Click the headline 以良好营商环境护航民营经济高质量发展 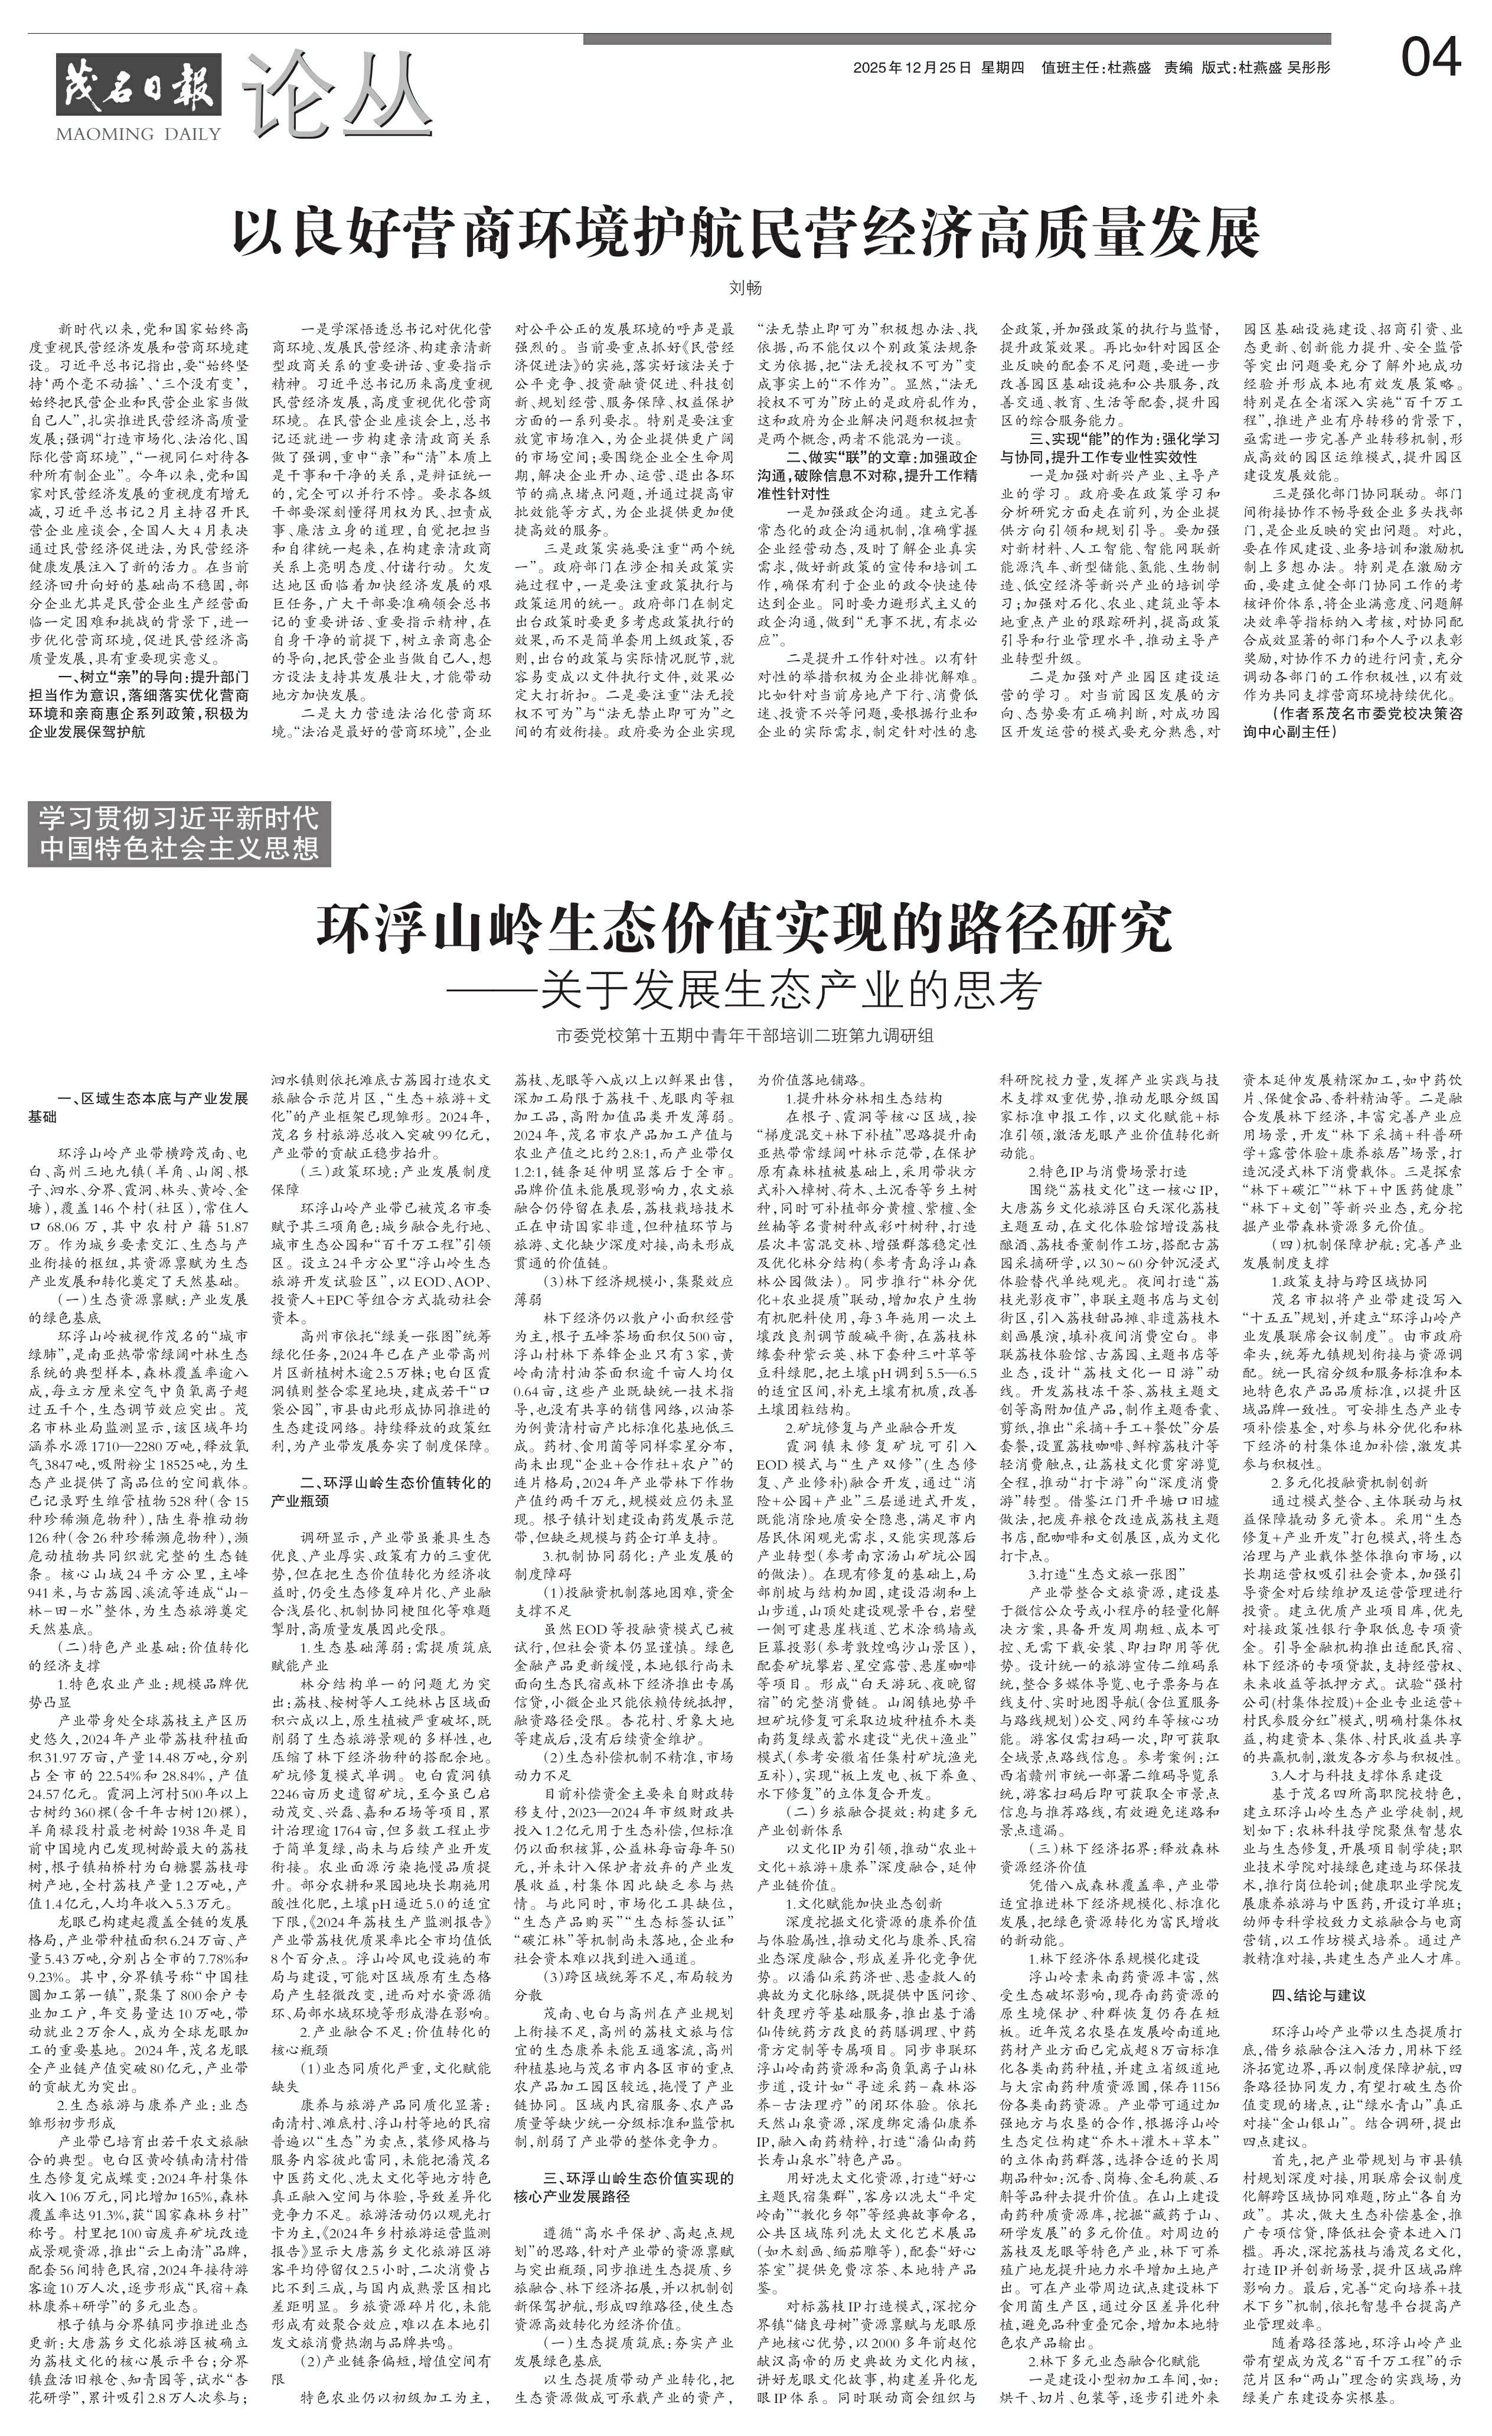(746, 231)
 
